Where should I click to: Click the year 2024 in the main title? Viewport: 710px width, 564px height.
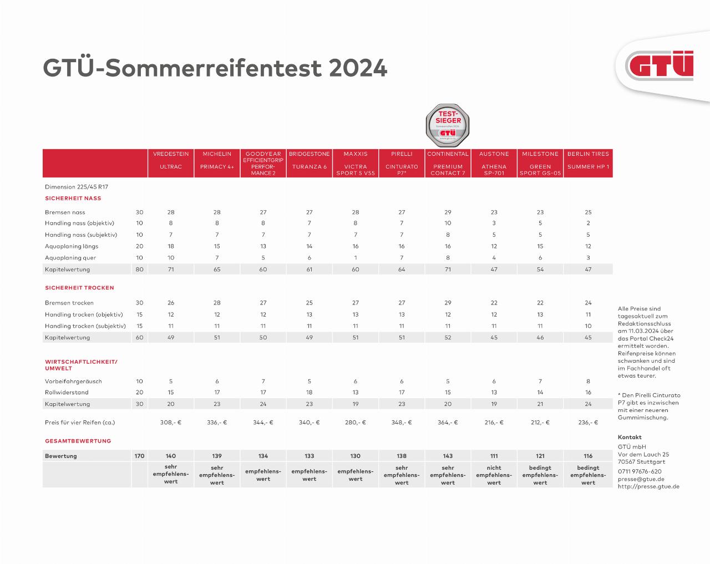(x=358, y=68)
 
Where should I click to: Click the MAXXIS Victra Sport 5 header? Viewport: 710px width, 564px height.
(x=356, y=163)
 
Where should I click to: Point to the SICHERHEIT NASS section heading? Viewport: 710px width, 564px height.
(x=73, y=198)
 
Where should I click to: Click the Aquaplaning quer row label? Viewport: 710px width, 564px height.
(x=70, y=257)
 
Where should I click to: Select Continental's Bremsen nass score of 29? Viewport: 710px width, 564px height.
(x=448, y=212)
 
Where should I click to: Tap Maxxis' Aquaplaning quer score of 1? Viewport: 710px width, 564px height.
(x=356, y=257)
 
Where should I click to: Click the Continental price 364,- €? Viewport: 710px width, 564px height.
(x=448, y=422)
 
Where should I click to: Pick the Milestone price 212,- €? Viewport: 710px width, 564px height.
(x=540, y=422)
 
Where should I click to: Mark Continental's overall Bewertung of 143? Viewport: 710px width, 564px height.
(x=448, y=456)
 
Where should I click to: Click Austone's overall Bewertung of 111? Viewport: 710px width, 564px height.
(x=494, y=456)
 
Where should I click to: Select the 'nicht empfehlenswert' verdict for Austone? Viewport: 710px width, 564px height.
(x=494, y=475)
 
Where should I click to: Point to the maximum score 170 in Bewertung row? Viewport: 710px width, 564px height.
(x=139, y=456)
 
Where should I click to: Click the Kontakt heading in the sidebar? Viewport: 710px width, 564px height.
(x=629, y=437)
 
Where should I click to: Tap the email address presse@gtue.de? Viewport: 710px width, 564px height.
(x=641, y=479)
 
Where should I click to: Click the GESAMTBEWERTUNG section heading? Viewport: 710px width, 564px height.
(x=78, y=441)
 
